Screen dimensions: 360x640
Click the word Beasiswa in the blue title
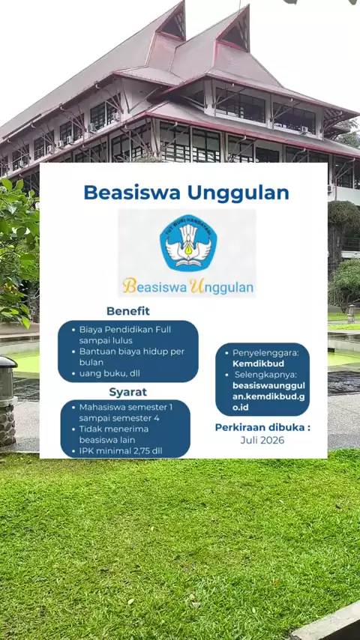coord(131,193)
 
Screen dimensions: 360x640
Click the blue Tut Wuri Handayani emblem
coord(188,243)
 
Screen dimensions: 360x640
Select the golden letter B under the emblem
coord(129,286)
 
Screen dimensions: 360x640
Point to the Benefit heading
coord(128,311)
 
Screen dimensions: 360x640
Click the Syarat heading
coord(128,392)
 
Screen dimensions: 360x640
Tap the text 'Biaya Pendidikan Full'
coord(125,330)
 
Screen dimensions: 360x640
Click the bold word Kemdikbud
coord(258,363)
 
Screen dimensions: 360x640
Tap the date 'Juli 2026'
coord(262,440)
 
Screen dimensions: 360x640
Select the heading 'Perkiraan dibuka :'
coord(262,427)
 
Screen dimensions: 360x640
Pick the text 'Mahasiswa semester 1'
coord(126,407)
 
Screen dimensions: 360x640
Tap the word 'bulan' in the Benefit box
coord(91,362)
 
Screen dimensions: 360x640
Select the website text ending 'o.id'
coord(240,408)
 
